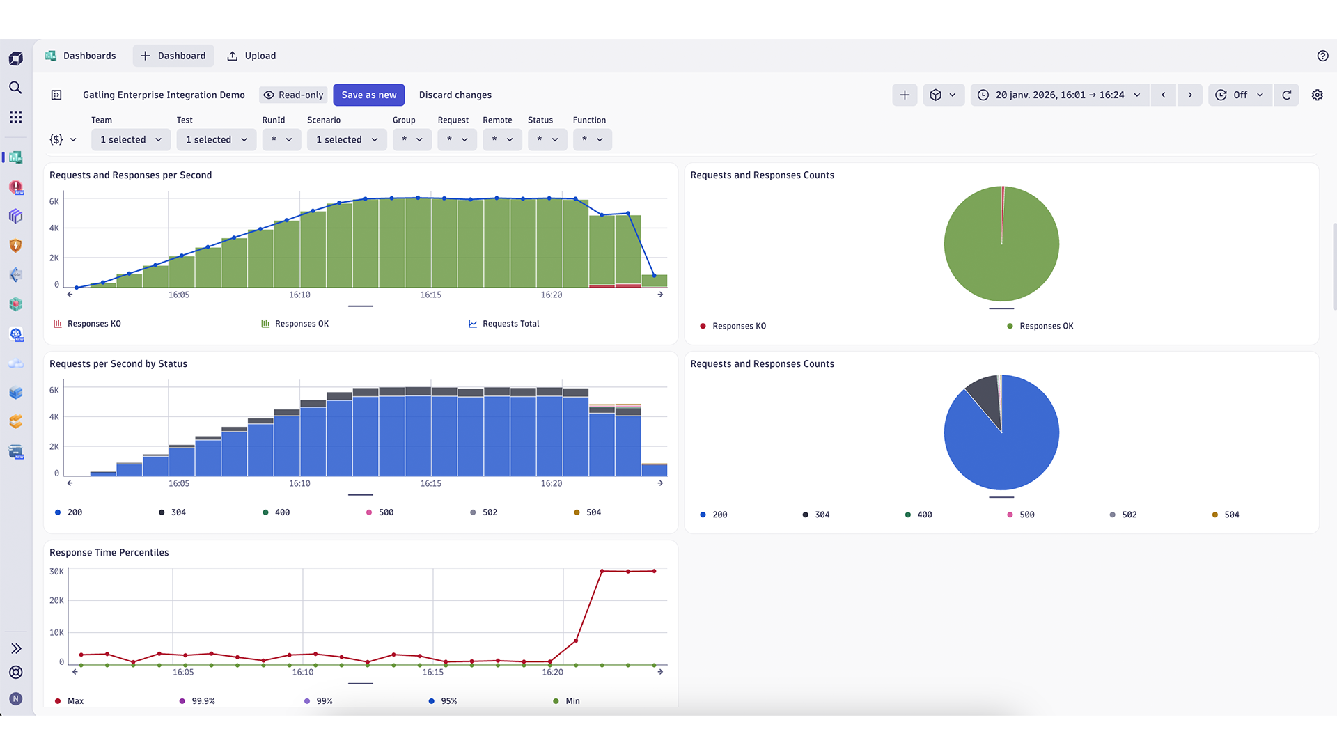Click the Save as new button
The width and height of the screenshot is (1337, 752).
coord(368,95)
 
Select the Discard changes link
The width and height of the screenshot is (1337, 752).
coord(455,95)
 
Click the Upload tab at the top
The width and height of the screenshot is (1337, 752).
coord(251,56)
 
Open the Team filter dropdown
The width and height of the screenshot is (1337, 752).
coord(131,139)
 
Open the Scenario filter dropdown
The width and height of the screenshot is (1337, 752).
coord(347,139)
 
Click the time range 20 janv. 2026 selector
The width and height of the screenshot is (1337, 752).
coord(1059,95)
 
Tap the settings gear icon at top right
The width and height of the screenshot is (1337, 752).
coord(1317,95)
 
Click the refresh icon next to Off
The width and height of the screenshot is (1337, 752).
coord(1286,95)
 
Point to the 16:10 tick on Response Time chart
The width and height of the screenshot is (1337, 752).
coord(302,672)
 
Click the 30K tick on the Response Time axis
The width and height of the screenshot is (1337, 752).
coord(56,572)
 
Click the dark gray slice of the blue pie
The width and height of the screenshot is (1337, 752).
coord(985,396)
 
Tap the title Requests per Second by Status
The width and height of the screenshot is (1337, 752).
coord(118,363)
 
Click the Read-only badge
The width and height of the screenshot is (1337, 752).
coord(294,95)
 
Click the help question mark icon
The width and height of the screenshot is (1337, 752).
coord(1322,56)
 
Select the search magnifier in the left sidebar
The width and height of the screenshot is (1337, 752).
coord(15,88)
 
